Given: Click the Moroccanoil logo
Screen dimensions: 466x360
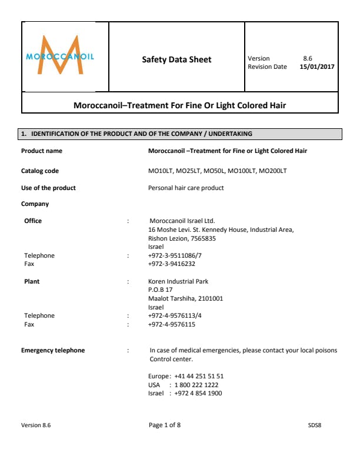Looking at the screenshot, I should pos(61,56).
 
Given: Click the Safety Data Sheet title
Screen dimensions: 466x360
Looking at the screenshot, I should pos(176,59).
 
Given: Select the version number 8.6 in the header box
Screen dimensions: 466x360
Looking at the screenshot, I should pos(307,58).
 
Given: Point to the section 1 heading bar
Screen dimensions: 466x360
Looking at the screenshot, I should pos(181,135).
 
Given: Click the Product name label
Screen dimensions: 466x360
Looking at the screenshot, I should pos(42,151).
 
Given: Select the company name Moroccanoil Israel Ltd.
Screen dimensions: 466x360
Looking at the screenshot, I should pos(182,221).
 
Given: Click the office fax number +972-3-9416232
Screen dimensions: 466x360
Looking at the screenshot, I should pos(172,264).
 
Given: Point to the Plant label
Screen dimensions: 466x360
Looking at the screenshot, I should pos(32,282).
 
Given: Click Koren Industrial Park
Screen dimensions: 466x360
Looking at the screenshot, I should pos(178,282).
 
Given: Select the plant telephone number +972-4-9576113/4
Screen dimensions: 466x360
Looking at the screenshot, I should pos(175,316).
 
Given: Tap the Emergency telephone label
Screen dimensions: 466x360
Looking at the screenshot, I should pos(53,351).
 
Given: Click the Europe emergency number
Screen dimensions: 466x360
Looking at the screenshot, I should pos(199,376).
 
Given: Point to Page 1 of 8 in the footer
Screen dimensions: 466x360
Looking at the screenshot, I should pos(165,425).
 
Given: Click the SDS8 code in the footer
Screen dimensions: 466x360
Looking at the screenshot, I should pos(315,425).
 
